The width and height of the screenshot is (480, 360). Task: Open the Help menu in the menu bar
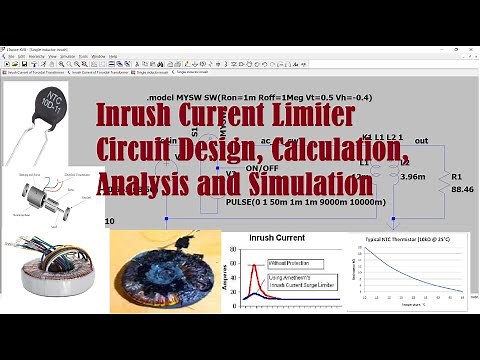[x=113, y=56]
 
